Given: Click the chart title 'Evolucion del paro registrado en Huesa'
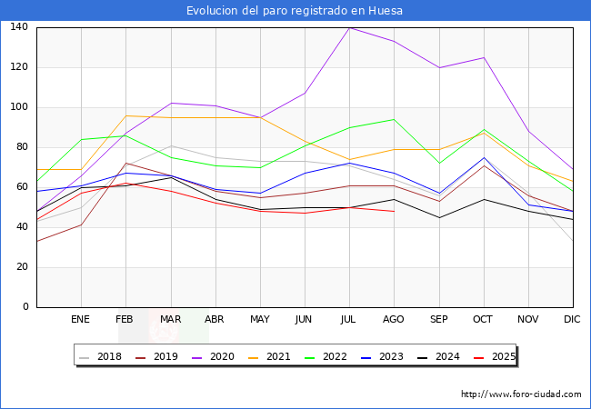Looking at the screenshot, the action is pyautogui.click(x=295, y=11).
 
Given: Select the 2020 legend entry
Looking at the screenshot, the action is pyautogui.click(x=214, y=356).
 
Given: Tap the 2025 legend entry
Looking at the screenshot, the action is pyautogui.click(x=495, y=356).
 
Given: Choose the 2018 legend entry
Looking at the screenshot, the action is pyautogui.click(x=101, y=356).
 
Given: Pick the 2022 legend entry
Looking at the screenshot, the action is pyautogui.click(x=326, y=356).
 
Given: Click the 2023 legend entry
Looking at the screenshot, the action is pyautogui.click(x=382, y=356).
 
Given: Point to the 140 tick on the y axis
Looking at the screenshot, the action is pyautogui.click(x=19, y=26).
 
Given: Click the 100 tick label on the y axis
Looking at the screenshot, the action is pyautogui.click(x=19, y=107).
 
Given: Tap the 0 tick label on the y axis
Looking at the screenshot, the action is pyautogui.click(x=25, y=306).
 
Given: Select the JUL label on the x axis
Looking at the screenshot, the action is pyautogui.click(x=348, y=319).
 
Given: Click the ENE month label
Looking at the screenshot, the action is pyautogui.click(x=80, y=319).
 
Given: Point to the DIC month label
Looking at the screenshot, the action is pyautogui.click(x=572, y=319).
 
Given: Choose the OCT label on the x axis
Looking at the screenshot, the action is pyautogui.click(x=483, y=319).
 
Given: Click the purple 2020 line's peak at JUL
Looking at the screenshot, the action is pyautogui.click(x=350, y=28).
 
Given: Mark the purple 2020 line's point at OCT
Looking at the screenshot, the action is pyautogui.click(x=484, y=57).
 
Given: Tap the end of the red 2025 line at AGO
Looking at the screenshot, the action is pyautogui.click(x=395, y=211).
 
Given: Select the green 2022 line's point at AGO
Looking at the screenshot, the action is pyautogui.click(x=395, y=119).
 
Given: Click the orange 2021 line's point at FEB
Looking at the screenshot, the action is pyautogui.click(x=125, y=115).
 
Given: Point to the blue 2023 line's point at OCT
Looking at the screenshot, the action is pyautogui.click(x=484, y=157).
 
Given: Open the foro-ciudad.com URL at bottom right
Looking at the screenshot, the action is pyautogui.click(x=521, y=394).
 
